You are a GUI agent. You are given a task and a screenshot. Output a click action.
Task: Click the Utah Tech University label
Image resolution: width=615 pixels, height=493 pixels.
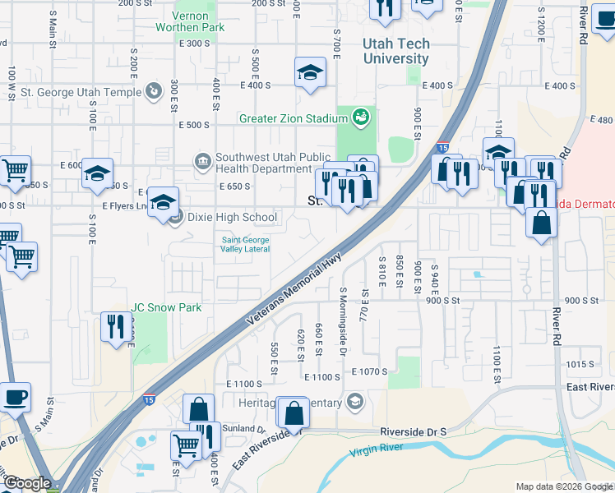tap(396, 51)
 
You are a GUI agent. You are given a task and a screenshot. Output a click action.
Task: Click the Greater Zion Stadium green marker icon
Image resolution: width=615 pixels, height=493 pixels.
tap(359, 118)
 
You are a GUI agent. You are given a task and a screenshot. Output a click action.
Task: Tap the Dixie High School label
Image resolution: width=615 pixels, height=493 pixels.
tap(233, 218)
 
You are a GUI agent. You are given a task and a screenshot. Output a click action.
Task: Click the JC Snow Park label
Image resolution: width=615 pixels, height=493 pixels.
tap(165, 307)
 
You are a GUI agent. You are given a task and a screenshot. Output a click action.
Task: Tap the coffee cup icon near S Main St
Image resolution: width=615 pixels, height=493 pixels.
tap(15, 399)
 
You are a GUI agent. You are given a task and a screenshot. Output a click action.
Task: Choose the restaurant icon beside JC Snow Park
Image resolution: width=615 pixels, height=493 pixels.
tap(116, 326)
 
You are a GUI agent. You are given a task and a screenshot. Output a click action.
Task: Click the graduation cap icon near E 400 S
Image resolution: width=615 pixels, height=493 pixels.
tap(310, 72)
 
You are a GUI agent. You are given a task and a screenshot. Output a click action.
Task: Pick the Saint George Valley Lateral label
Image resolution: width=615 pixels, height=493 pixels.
tap(245, 244)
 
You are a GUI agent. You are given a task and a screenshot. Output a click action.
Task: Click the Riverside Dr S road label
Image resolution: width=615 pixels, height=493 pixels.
tap(413, 431)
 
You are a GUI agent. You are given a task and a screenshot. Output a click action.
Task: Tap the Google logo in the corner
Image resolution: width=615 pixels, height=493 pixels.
tap(26, 484)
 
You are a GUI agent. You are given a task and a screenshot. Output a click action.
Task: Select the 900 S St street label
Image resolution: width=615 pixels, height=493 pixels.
tap(443, 301)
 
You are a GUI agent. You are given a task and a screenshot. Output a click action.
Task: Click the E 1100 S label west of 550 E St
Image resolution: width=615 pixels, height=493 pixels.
tap(244, 384)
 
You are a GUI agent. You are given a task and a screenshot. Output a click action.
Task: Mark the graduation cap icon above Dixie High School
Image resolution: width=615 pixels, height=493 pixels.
tap(164, 201)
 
